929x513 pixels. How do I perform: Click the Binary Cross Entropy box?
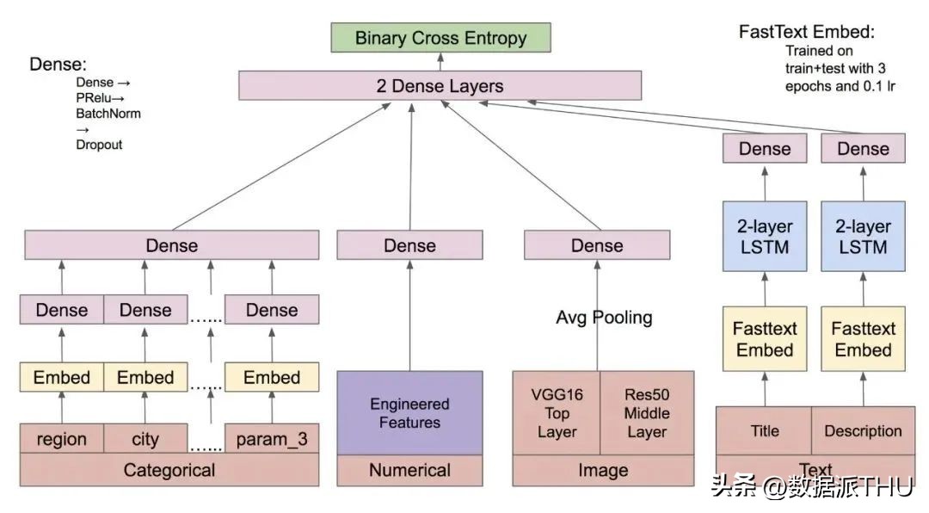pos(440,38)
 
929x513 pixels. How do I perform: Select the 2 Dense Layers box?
pos(440,85)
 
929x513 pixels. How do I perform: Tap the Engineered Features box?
pos(409,413)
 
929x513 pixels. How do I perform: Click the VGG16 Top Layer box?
pos(557,413)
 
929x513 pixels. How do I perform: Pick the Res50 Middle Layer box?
pos(647,413)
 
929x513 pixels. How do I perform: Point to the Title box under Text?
pos(764,430)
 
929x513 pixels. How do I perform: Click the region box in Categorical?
pos(61,439)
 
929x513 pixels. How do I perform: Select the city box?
pos(145,439)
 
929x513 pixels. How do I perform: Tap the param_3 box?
pos(272,439)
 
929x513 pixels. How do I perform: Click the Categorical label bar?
pos(169,470)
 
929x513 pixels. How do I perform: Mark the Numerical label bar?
pos(409,470)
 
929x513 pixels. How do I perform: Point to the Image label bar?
pos(603,470)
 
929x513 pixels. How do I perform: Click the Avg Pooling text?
pos(604,318)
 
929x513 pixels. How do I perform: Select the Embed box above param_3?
pos(272,377)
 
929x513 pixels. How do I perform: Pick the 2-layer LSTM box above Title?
pos(765,237)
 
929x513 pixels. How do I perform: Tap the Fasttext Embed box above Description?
pos(863,339)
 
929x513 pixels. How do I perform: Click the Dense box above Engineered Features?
pos(409,245)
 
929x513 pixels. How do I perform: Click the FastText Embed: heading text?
pos(806,32)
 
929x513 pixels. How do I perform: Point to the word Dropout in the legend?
pos(99,145)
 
